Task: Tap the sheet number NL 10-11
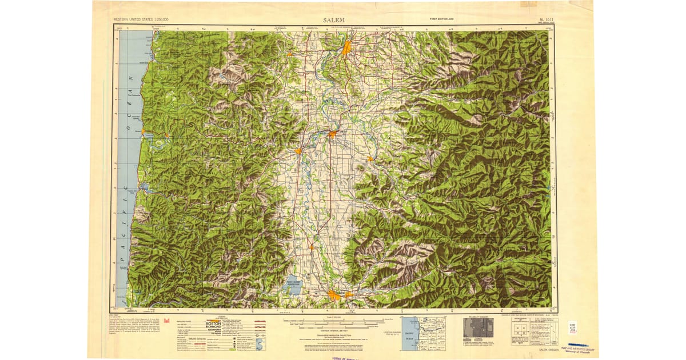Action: coord(545,20)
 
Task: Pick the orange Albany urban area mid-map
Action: coord(332,134)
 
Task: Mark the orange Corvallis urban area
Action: coord(298,151)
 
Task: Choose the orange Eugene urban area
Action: coord(334,294)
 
